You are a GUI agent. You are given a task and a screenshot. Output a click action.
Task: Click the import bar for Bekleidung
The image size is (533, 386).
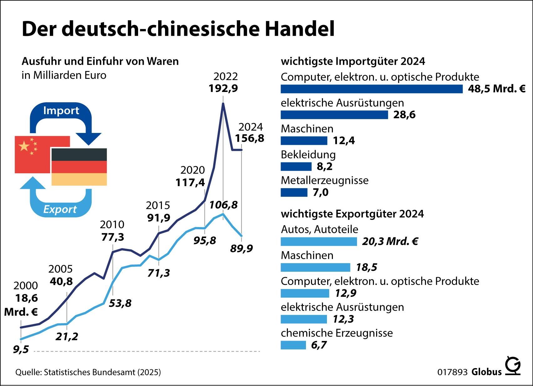296,166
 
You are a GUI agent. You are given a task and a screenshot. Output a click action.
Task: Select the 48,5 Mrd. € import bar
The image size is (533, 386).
371,89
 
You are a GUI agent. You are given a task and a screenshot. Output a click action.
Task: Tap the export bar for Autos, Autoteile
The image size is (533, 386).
318,241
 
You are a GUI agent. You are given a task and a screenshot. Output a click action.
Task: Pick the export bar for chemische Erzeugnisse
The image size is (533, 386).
293,345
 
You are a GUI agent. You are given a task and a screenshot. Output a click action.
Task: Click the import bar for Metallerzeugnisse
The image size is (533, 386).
294,192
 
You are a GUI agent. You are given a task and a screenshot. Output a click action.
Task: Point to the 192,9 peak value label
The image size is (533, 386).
223,88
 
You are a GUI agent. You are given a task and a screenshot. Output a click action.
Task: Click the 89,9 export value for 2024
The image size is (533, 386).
241,248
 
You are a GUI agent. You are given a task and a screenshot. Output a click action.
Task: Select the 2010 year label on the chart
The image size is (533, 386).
112,224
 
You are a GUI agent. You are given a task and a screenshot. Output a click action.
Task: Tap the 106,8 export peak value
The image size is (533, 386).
223,205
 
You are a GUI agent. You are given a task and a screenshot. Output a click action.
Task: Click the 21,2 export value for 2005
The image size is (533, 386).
67,336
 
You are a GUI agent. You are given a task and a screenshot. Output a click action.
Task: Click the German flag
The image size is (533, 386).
79,167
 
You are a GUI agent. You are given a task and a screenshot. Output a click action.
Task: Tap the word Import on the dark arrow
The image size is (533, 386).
61,110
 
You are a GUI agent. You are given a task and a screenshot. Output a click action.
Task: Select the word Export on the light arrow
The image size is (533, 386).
60,209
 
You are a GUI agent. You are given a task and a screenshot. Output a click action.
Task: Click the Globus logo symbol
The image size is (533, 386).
513,366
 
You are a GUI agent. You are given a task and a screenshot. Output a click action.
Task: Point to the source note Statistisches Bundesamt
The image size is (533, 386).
88,372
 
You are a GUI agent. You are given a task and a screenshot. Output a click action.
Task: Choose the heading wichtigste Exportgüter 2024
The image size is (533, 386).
352,214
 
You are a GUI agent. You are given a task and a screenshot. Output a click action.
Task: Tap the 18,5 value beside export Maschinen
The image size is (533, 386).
366,267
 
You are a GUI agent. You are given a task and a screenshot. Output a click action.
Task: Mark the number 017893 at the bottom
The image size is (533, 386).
453,372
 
